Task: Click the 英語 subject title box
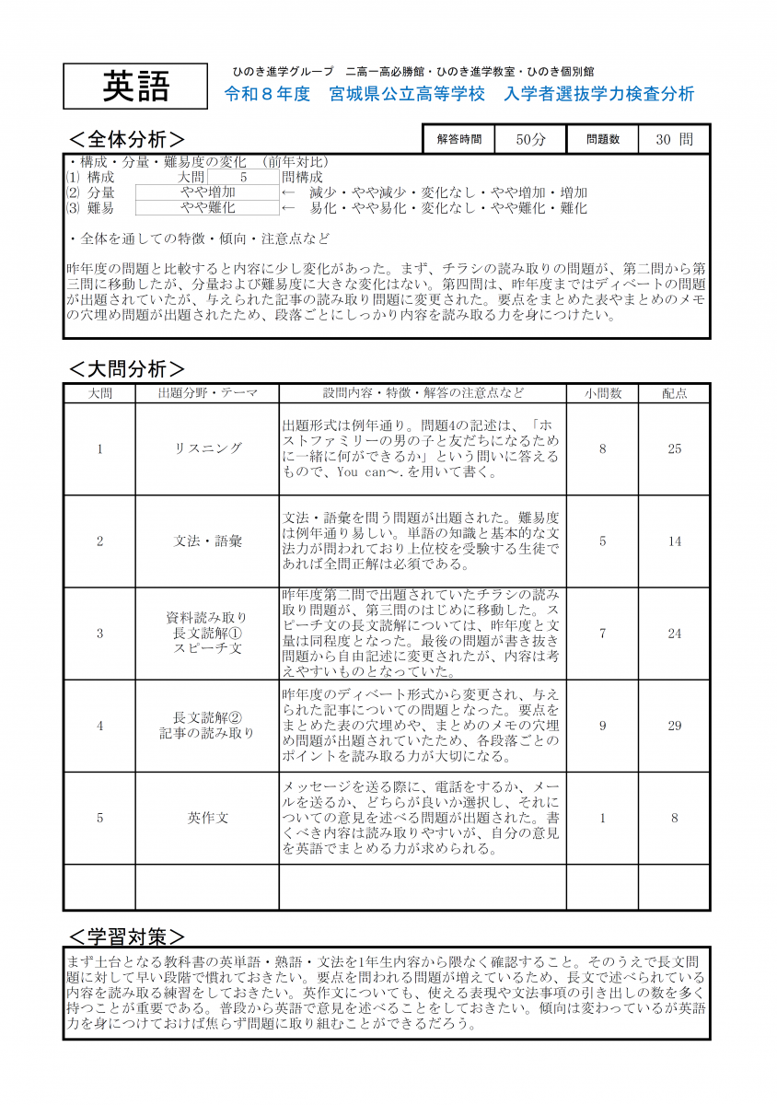136,87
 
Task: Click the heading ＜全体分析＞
133,139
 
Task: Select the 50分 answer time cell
530,139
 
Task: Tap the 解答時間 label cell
458,139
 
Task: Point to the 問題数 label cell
603,139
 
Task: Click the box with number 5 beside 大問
243,177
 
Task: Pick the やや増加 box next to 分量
207,192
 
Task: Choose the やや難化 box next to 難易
207,208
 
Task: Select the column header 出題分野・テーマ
207,393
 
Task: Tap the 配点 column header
674,393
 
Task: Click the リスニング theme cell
207,448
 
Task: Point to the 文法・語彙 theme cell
207,541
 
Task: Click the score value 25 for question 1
674,448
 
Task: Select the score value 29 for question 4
674,726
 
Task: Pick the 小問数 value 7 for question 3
602,634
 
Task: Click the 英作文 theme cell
207,818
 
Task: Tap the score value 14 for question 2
674,541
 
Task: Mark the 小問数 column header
602,393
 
